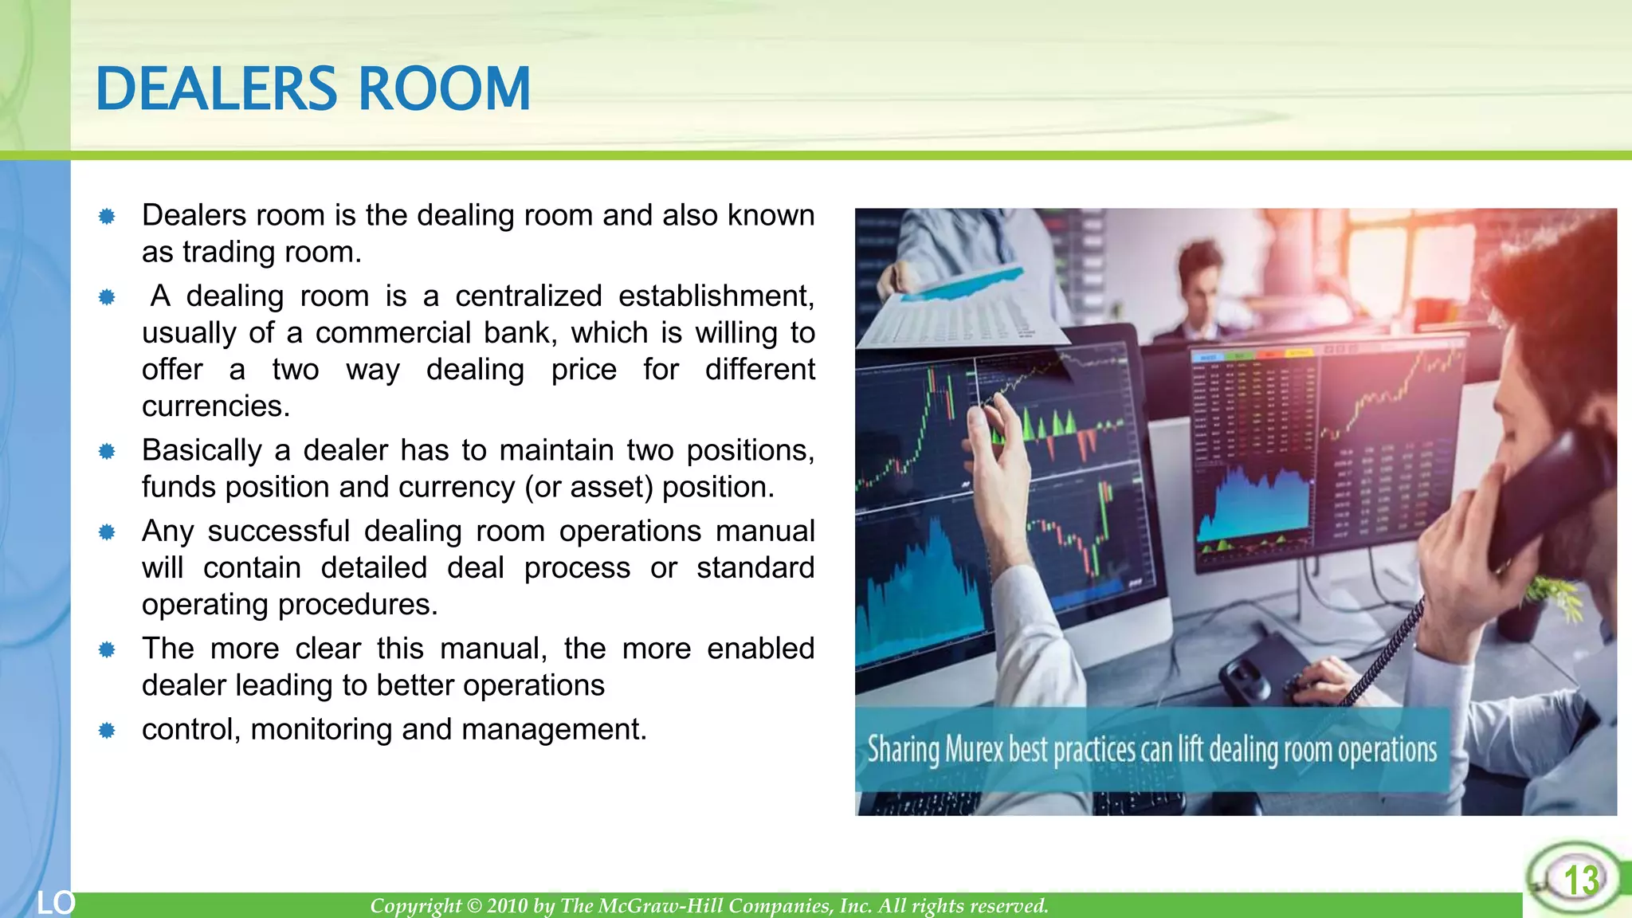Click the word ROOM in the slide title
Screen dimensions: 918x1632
pos(444,88)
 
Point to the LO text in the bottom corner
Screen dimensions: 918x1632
pos(56,903)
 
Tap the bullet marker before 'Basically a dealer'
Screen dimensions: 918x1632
pos(107,452)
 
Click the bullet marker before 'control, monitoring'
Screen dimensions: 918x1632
pos(107,731)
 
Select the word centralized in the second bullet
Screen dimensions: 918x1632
pos(528,296)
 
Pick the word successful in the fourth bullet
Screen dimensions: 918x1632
pos(278,532)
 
